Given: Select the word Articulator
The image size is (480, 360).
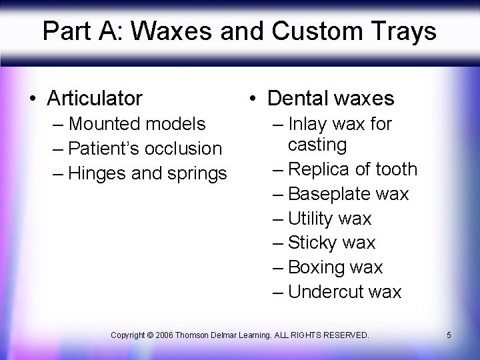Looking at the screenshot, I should [x=95, y=99].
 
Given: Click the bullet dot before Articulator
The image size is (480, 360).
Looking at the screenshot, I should [x=33, y=99].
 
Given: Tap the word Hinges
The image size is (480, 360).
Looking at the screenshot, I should [x=100, y=173].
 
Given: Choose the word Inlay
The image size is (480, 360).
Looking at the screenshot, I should [x=309, y=124].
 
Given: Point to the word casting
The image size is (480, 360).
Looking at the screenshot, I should [x=317, y=145].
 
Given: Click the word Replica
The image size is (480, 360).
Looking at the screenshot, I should [x=323, y=169].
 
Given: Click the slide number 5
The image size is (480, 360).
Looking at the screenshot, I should [x=449, y=334].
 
